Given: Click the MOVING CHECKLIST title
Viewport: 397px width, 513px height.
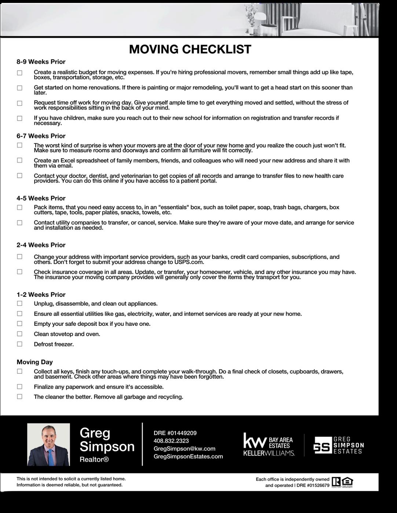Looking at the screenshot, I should click(x=190, y=49).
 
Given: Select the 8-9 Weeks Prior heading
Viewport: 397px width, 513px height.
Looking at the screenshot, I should click(x=41, y=62).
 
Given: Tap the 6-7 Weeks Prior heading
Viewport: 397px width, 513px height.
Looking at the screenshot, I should click(x=41, y=136).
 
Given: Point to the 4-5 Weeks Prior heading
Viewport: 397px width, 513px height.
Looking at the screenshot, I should click(x=41, y=198).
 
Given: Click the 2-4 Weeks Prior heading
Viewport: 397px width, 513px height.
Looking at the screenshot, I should click(x=41, y=245).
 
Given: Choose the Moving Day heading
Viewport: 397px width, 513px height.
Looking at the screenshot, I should click(x=35, y=362).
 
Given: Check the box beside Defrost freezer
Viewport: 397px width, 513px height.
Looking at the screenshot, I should click(x=19, y=344).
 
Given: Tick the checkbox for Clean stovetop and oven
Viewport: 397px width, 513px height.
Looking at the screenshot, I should click(x=19, y=334).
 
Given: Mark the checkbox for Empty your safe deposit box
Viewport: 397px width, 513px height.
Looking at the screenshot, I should click(x=19, y=324).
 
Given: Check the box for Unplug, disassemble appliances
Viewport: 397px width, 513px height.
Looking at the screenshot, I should click(x=19, y=303).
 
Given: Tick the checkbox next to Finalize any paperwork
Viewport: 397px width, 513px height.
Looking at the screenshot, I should click(x=19, y=387).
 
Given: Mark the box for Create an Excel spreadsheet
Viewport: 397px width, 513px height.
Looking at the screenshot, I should click(x=19, y=160).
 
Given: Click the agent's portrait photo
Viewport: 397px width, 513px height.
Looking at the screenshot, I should click(x=48, y=444).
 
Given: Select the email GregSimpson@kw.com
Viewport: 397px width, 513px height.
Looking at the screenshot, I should click(x=184, y=449).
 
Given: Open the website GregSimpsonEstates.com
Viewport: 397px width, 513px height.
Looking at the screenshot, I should click(x=188, y=456).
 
